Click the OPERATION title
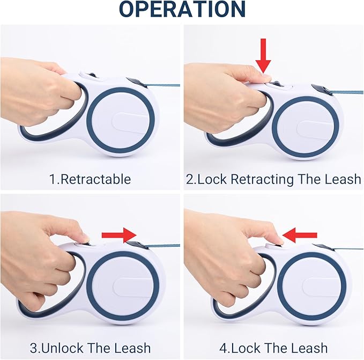click(x=182, y=9)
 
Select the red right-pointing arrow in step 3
click(x=119, y=235)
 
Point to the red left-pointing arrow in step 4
click(x=300, y=235)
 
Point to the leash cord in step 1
click(x=164, y=85)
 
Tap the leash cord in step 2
click(x=347, y=92)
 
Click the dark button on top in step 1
click(x=92, y=75)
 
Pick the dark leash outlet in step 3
click(x=137, y=246)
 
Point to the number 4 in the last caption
click(x=224, y=348)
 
